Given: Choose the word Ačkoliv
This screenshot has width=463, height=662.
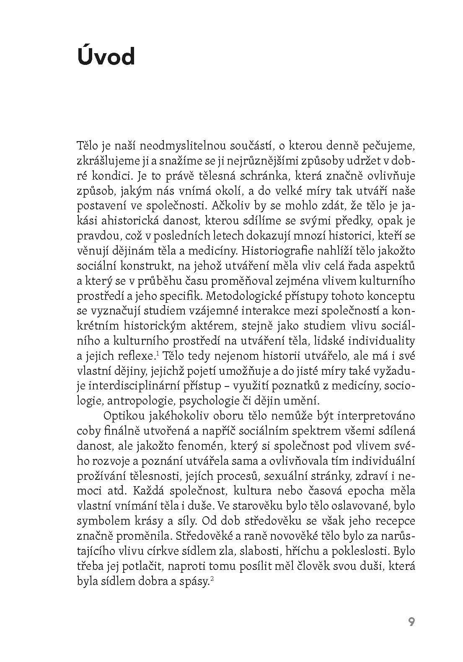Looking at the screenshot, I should (x=230, y=206).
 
